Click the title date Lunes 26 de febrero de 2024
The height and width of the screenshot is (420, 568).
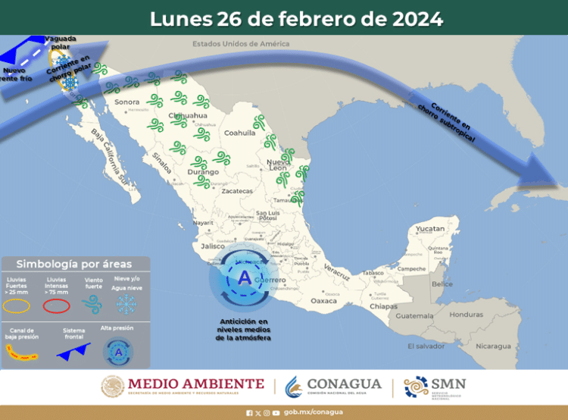(296, 18)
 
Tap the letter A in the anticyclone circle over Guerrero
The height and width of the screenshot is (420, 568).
(245, 278)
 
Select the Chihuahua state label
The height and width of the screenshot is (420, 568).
(186, 115)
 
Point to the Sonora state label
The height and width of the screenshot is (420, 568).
(126, 102)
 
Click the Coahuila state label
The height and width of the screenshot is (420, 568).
(240, 132)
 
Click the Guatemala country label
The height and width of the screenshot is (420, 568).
(416, 315)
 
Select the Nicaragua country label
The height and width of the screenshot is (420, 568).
(493, 346)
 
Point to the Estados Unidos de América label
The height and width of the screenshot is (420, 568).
(242, 44)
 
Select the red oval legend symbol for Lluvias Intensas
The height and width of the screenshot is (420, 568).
(56, 306)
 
